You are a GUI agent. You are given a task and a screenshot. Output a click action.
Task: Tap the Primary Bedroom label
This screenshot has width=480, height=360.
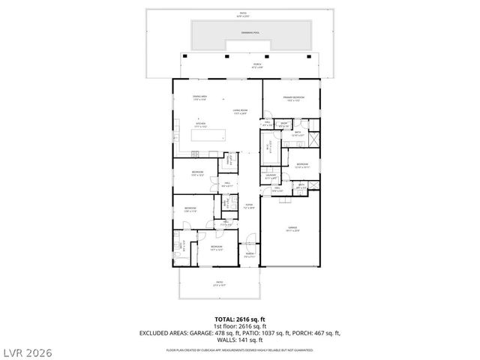tap(292, 98)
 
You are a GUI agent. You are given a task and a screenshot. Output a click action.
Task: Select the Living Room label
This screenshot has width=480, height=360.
tap(240, 112)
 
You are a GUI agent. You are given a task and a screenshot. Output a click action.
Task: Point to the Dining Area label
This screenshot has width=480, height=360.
tap(199, 97)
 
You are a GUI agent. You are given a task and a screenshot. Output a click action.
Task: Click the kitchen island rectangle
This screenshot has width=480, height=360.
tap(211, 135)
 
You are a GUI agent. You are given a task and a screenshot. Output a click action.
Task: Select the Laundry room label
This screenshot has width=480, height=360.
tap(271, 178)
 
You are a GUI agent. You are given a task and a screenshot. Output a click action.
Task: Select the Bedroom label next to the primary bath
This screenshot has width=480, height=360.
tap(301, 165)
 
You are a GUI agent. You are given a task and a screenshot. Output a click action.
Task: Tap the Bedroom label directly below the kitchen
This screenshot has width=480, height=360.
tap(197, 174)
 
